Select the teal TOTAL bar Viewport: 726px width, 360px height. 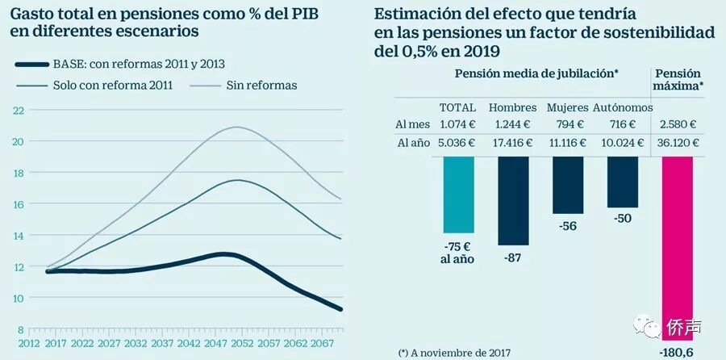coord(458,194)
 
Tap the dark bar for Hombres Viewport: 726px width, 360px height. coord(514,200)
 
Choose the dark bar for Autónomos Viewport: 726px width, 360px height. coord(622,182)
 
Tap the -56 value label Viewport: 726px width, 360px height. coord(568,227)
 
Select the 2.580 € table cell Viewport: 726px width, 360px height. coord(678,124)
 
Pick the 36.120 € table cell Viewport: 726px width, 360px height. coord(678,142)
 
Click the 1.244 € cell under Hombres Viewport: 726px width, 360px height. coord(513,124)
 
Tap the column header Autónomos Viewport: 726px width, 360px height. coord(622,107)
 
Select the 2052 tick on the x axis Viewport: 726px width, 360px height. coord(240,342)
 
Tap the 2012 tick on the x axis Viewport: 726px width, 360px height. coord(31,342)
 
